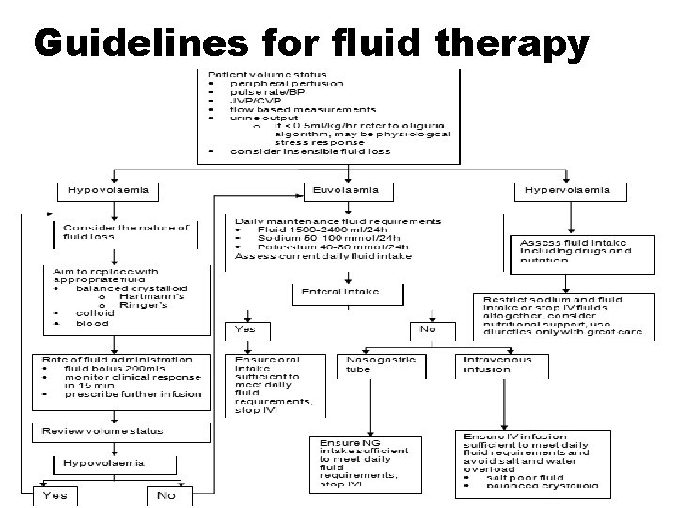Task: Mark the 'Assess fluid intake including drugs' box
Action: coord(568,248)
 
